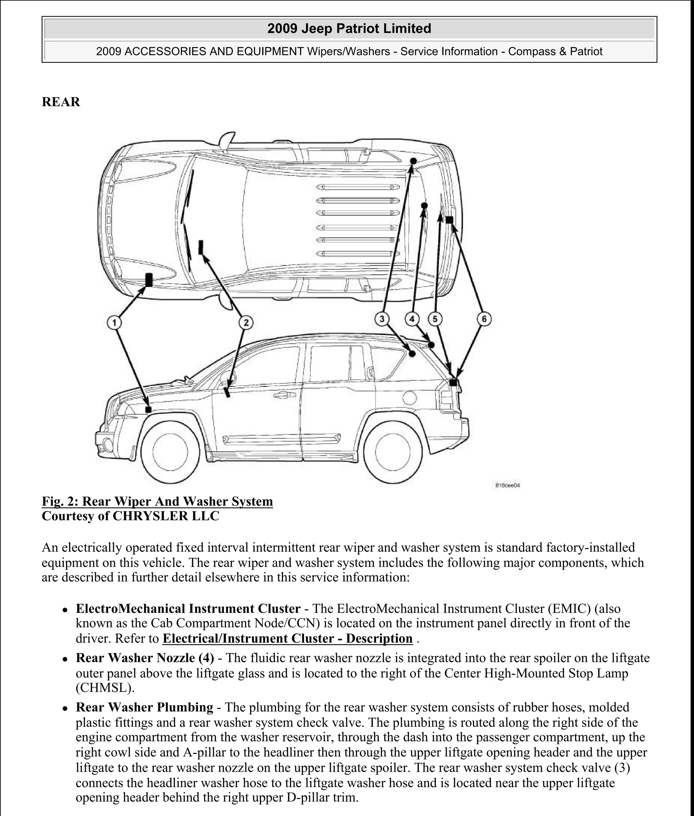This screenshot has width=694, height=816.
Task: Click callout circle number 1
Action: [x=114, y=323]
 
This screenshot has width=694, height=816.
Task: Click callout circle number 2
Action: [x=246, y=323]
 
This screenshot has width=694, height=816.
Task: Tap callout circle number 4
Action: [x=412, y=319]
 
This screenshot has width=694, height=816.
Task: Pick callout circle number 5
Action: [x=435, y=319]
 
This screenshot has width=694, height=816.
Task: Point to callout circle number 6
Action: [x=484, y=319]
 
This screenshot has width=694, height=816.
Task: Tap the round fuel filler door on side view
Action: [x=410, y=398]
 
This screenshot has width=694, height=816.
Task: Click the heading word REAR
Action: [x=61, y=102]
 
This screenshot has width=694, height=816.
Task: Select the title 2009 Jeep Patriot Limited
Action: [x=349, y=29]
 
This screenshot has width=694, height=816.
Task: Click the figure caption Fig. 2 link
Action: [x=157, y=501]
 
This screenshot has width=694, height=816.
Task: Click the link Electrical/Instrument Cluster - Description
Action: [x=287, y=638]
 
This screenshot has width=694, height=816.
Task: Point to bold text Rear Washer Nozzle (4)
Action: [x=145, y=658]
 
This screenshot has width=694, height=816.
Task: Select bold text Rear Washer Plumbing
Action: [x=144, y=707]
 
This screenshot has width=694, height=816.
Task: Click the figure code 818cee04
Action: [x=508, y=485]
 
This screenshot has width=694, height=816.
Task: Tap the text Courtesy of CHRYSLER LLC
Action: [x=130, y=516]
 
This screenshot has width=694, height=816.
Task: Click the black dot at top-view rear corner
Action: [x=413, y=161]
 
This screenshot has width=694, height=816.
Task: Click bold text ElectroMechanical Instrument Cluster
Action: [x=188, y=609]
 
